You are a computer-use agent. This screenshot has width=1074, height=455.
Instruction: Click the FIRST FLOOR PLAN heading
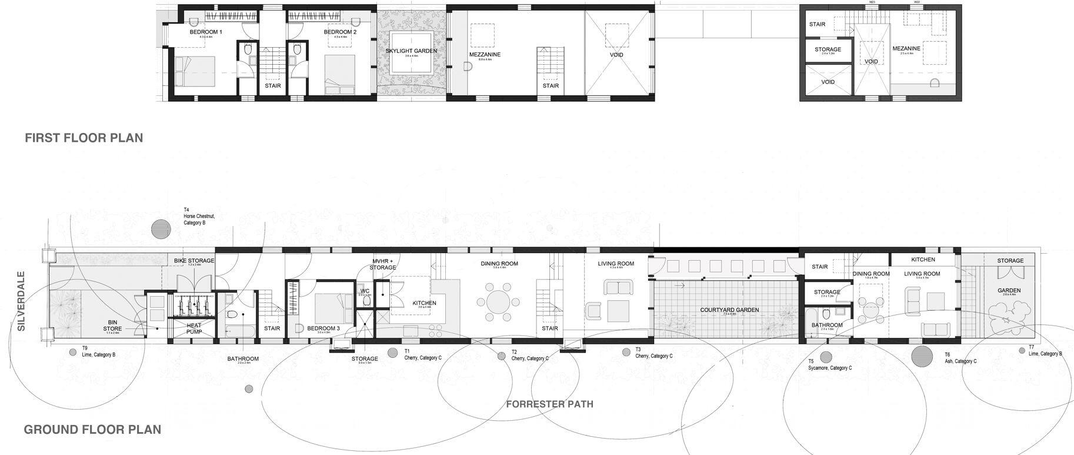pyautogui.click(x=84, y=138)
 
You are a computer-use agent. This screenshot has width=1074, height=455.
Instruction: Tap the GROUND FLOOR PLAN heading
pyautogui.click(x=92, y=430)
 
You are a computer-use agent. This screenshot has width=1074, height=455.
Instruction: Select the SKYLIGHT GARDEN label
pyautogui.click(x=411, y=51)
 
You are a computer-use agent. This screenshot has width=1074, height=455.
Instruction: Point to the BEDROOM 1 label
pyautogui.click(x=206, y=32)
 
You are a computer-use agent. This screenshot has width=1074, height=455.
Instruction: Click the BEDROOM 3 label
pyautogui.click(x=323, y=328)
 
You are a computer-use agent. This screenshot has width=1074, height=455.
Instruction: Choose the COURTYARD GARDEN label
pyautogui.click(x=729, y=310)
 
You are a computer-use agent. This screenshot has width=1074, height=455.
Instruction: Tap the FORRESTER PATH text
pyautogui.click(x=549, y=404)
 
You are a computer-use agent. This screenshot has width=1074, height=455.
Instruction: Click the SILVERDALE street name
pyautogui.click(x=21, y=301)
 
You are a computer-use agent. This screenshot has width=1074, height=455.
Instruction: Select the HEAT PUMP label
pyautogui.click(x=194, y=328)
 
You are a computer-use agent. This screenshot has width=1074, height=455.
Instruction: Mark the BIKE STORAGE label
pyautogui.click(x=194, y=261)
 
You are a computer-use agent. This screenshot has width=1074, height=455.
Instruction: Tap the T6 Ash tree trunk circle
pyautogui.click(x=922, y=356)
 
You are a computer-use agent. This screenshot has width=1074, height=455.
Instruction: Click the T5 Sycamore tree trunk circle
pyautogui.click(x=826, y=356)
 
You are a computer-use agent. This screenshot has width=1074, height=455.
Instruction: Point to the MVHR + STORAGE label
pyautogui.click(x=383, y=264)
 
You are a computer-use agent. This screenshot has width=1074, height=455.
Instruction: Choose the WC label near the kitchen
pyautogui.click(x=365, y=290)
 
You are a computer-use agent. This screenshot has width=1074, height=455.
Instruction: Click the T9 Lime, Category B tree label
pyautogui.click(x=98, y=351)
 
